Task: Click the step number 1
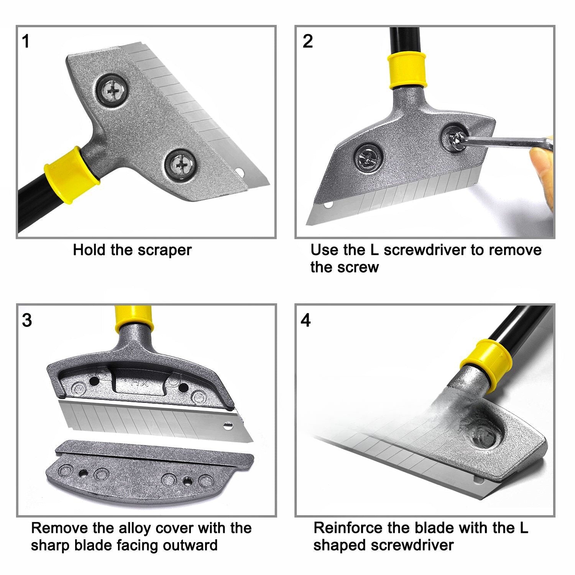(26, 41)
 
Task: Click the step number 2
(307, 41)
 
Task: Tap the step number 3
(26, 320)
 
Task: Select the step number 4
(306, 320)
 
